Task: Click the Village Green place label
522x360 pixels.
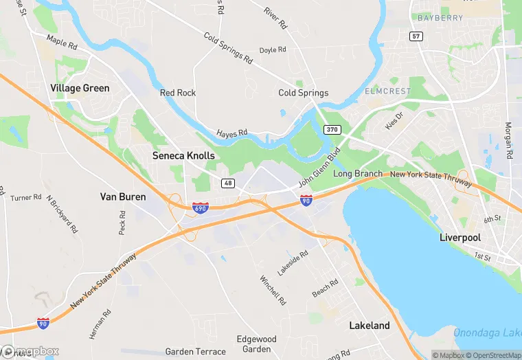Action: pyautogui.click(x=80, y=88)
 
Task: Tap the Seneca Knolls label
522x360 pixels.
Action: pyautogui.click(x=183, y=156)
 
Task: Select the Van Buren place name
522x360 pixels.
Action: pyautogui.click(x=123, y=196)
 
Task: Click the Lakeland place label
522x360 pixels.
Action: pyautogui.click(x=369, y=325)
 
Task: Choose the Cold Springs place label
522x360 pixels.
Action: pyautogui.click(x=303, y=93)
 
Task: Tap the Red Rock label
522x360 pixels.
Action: pyautogui.click(x=178, y=93)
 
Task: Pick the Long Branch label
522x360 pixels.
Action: pyautogui.click(x=357, y=174)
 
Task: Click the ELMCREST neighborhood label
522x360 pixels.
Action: pyautogui.click(x=389, y=91)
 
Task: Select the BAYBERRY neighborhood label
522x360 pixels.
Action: pyautogui.click(x=440, y=18)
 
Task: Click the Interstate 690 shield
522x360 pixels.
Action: pyautogui.click(x=200, y=207)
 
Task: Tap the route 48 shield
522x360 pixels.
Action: pyautogui.click(x=228, y=183)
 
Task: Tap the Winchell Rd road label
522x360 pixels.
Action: pyautogui.click(x=272, y=290)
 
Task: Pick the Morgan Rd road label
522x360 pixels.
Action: pyautogui.click(x=508, y=141)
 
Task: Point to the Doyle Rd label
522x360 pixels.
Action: pyautogui.click(x=272, y=50)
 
